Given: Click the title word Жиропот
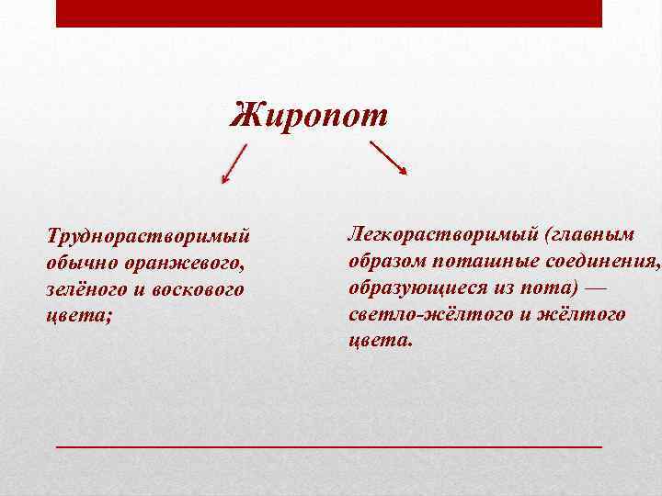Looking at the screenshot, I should click(310, 116).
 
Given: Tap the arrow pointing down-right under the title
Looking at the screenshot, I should click(388, 157).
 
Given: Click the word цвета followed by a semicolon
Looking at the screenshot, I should click(77, 315).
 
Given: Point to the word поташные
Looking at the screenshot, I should click(476, 261).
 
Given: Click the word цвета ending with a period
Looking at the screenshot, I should click(379, 340).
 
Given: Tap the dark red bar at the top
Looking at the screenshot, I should click(329, 13).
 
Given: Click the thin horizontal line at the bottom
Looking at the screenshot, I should click(329, 445).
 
